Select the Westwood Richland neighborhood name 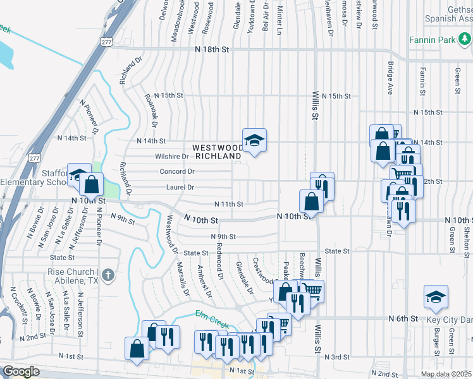tap(218, 150)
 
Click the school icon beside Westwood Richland tap(254, 141)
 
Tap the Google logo tap(21, 371)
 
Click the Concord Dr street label tap(176, 171)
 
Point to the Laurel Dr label tap(181, 187)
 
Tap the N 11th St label tap(229, 204)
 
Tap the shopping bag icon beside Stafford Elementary tap(92, 184)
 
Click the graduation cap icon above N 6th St tap(436, 298)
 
